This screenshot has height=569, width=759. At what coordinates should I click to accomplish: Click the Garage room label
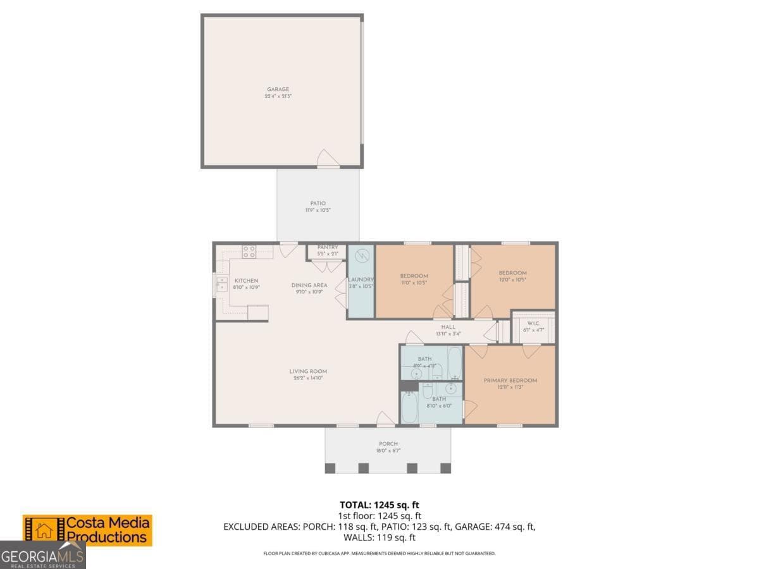click(278, 89)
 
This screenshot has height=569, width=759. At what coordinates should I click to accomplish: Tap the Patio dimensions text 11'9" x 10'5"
click(318, 210)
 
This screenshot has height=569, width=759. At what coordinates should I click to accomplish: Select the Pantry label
click(328, 247)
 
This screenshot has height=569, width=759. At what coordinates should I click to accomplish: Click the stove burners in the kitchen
click(249, 252)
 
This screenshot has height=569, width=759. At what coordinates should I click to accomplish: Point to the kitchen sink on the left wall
click(222, 284)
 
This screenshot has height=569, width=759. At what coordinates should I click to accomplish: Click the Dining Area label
click(309, 285)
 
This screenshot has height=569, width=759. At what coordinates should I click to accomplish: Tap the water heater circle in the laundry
click(361, 256)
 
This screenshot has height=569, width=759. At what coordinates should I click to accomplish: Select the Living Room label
click(308, 371)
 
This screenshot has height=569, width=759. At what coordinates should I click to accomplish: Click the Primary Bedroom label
click(510, 380)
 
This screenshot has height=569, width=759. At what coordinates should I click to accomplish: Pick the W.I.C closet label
click(533, 323)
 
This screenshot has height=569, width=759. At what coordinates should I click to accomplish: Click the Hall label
click(448, 327)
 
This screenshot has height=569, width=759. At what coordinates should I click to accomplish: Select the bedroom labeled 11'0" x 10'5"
click(414, 276)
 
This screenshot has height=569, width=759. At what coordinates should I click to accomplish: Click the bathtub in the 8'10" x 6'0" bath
click(409, 408)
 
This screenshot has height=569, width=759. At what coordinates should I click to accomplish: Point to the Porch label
click(388, 444)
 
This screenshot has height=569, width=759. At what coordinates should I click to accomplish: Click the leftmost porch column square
click(330, 468)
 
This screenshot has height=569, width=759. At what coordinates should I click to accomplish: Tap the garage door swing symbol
click(328, 159)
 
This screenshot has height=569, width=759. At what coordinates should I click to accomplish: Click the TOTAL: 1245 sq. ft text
click(379, 505)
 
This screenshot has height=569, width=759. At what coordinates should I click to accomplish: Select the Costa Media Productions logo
click(88, 530)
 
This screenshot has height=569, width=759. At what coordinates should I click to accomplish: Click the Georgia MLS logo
click(42, 557)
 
